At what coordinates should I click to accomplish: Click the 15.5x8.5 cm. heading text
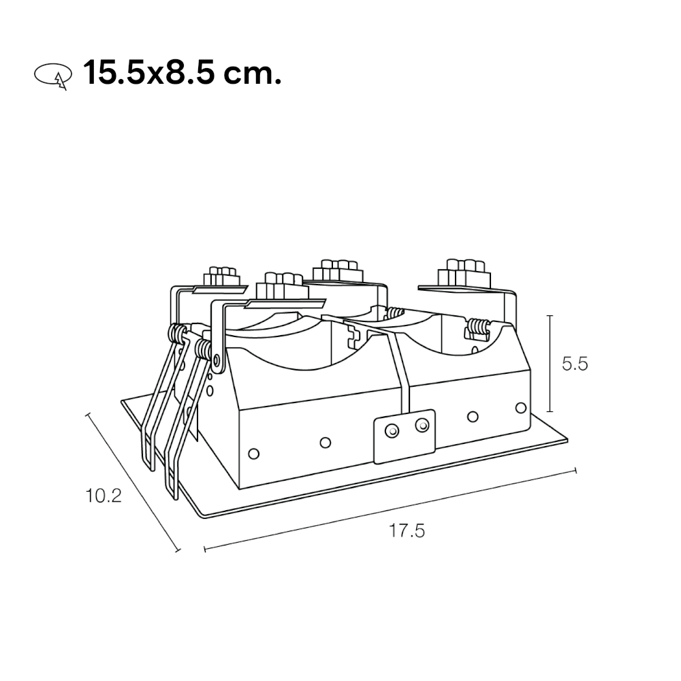pos(182,72)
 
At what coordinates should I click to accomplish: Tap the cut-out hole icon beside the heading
pos(52,76)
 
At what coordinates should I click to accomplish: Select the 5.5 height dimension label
pos(574,364)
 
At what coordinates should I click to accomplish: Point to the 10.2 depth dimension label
pos(104,496)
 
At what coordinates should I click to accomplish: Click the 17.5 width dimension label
pos(407,530)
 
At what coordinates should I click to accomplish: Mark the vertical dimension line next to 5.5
pos(550,363)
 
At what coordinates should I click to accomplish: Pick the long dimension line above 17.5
pos(390,509)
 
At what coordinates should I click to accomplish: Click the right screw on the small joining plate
pos(422,425)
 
